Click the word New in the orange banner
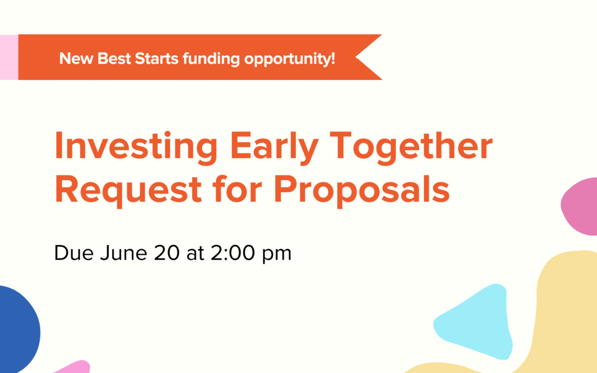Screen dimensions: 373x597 pos(76,58)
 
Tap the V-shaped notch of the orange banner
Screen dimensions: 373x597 pos(362,57)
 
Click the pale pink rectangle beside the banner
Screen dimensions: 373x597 pos(9,57)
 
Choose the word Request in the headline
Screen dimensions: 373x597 pos(128,189)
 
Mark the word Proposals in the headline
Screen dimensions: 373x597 pos(362,189)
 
